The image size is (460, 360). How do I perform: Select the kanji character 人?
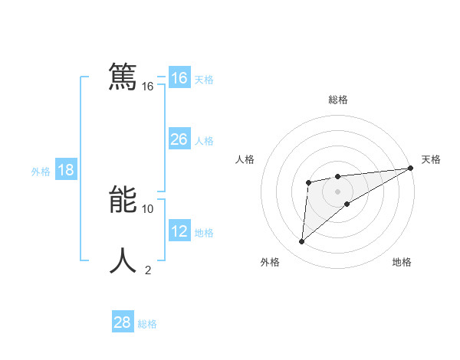coord(123,260)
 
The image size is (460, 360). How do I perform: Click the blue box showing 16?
coord(179,78)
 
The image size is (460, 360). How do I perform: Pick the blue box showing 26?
coord(179,139)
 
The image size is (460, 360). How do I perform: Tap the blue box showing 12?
coord(179,231)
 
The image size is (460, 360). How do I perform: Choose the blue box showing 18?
coord(66,170)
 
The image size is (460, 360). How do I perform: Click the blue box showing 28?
coord(123,322)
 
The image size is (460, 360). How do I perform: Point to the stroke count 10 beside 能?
coord(148,208)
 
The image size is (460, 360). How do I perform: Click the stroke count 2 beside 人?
coord(148,270)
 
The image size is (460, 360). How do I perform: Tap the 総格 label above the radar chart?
coord(338,100)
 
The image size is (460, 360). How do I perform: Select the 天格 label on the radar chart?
coord(431,159)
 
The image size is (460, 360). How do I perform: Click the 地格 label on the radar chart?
coord(402,262)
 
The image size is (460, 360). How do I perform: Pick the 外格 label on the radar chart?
coord(270,262)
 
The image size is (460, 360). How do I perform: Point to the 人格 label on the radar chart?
coord(245,159)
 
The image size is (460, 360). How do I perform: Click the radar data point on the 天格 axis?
coord(411,168)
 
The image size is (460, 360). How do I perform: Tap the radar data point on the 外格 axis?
coord(302,242)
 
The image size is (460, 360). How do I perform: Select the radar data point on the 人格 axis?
coord(308,182)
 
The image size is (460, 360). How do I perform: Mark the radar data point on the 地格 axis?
coord(347,204)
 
